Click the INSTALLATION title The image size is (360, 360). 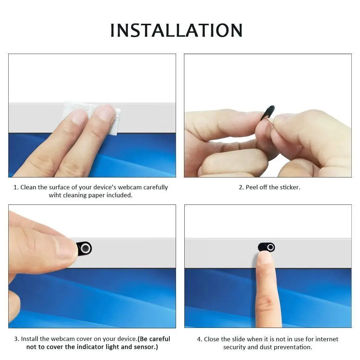tap(176, 30)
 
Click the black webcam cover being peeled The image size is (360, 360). tap(269, 112)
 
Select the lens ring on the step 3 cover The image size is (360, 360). tap(85, 248)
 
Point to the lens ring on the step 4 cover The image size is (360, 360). tap(271, 247)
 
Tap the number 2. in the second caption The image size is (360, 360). tap(241, 187)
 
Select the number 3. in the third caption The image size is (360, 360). tap(17, 339)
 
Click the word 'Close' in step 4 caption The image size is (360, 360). tap(212, 339)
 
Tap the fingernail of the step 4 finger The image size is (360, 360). tap(265, 257)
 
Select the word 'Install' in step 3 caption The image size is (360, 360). tap(30, 339)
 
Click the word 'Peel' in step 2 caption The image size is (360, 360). tap(252, 187)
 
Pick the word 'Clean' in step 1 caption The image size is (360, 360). tap(28, 187)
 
